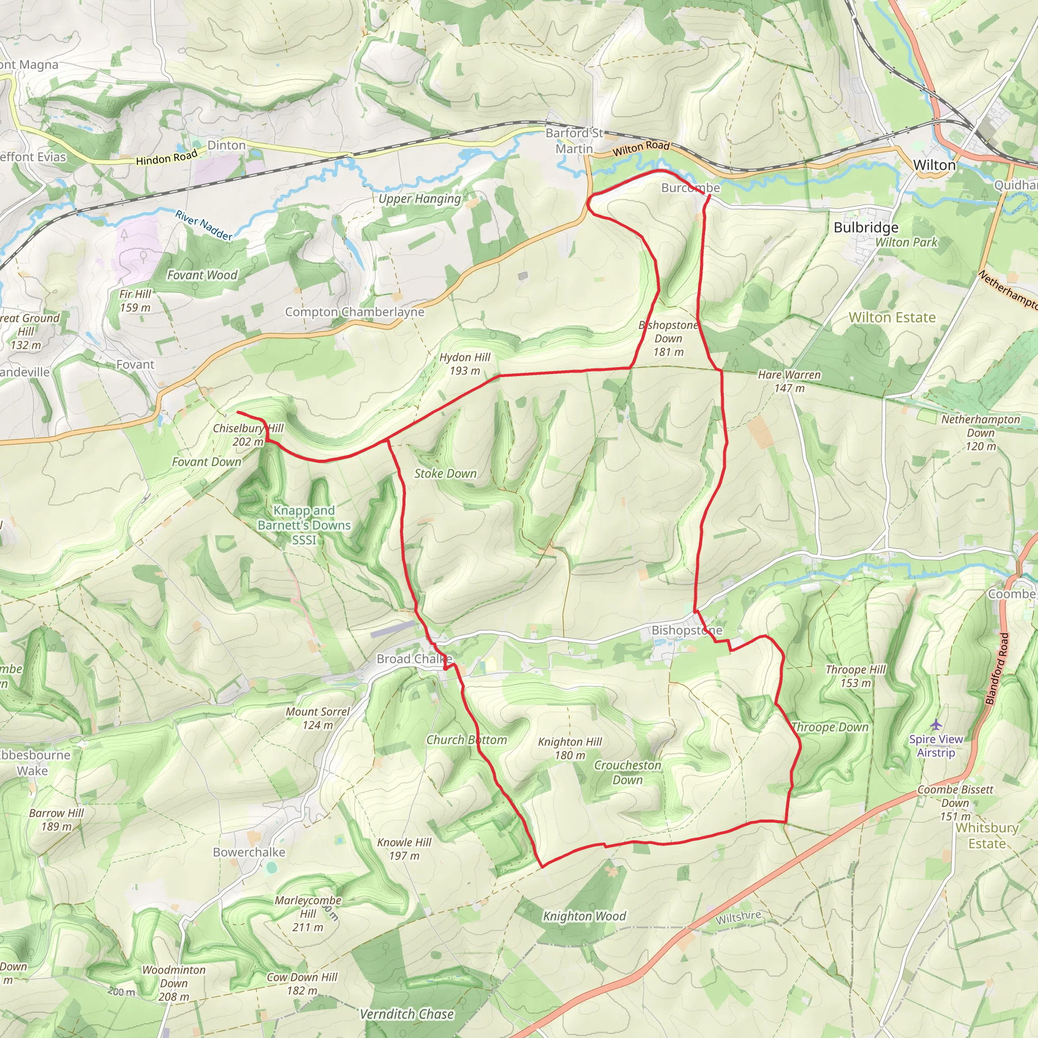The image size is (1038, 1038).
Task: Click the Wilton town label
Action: tap(934, 165)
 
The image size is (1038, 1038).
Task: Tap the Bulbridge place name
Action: tap(866, 227)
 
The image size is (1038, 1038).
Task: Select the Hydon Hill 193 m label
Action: tap(465, 364)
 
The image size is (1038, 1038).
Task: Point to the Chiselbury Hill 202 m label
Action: tap(248, 435)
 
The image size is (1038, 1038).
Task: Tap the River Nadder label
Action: tap(204, 225)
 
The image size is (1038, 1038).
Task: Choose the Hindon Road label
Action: tap(167, 158)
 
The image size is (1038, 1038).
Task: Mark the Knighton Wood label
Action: tap(584, 916)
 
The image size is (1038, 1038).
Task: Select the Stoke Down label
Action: tap(446, 473)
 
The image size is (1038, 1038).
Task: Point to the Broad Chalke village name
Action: tap(414, 659)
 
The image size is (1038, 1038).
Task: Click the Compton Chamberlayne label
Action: tap(355, 312)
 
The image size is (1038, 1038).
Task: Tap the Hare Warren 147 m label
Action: tap(789, 381)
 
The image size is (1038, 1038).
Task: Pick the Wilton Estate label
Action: tap(892, 317)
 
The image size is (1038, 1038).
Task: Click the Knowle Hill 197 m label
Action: tap(404, 849)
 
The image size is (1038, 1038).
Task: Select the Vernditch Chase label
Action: tap(406, 1014)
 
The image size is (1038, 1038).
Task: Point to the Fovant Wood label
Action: tap(202, 275)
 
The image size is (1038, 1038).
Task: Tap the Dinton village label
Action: tap(226, 145)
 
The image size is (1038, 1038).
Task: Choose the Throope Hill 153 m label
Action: tap(856, 676)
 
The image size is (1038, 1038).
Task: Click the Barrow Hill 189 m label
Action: tap(56, 820)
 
